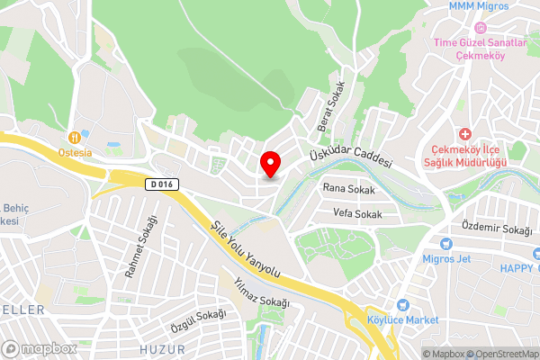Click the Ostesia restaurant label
[x=76, y=152]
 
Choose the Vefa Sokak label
[x=357, y=214]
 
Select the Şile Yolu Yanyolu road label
[x=246, y=248]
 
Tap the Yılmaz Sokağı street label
[x=261, y=292]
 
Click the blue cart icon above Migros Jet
[x=445, y=243]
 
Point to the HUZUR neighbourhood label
[x=163, y=348]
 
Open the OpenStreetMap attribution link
[x=501, y=354]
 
